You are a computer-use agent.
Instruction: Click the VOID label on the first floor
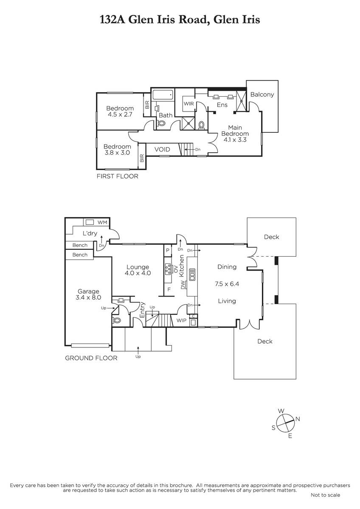pyautogui.click(x=162, y=149)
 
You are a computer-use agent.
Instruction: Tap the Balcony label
pyautogui.click(x=262, y=95)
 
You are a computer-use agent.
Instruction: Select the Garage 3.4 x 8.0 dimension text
pyautogui.click(x=88, y=297)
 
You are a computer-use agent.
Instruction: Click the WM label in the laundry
pyautogui.click(x=102, y=222)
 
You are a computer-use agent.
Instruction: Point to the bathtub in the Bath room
pyautogui.click(x=163, y=95)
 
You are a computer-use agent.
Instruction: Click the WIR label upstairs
pyautogui.click(x=189, y=104)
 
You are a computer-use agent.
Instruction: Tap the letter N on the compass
pyautogui.click(x=298, y=419)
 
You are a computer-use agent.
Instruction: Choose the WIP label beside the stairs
pyautogui.click(x=181, y=320)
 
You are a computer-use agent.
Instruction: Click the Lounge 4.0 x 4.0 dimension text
pyautogui.click(x=138, y=273)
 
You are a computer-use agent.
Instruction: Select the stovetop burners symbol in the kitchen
pyautogui.click(x=168, y=268)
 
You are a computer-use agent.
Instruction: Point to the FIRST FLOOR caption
pyautogui.click(x=117, y=176)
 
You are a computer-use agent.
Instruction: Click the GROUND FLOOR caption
pyautogui.click(x=91, y=358)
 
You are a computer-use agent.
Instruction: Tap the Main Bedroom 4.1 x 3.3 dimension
pyautogui.click(x=235, y=140)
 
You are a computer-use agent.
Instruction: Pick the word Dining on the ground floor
pyautogui.click(x=227, y=267)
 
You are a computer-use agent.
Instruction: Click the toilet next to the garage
pyautogui.click(x=117, y=320)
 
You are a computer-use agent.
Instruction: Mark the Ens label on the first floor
pyautogui.click(x=222, y=105)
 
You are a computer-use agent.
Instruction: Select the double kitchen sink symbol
pyautogui.click(x=192, y=274)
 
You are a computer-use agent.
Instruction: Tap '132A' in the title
pyautogui.click(x=112, y=20)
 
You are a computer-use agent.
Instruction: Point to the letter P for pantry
pyautogui.click(x=168, y=250)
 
